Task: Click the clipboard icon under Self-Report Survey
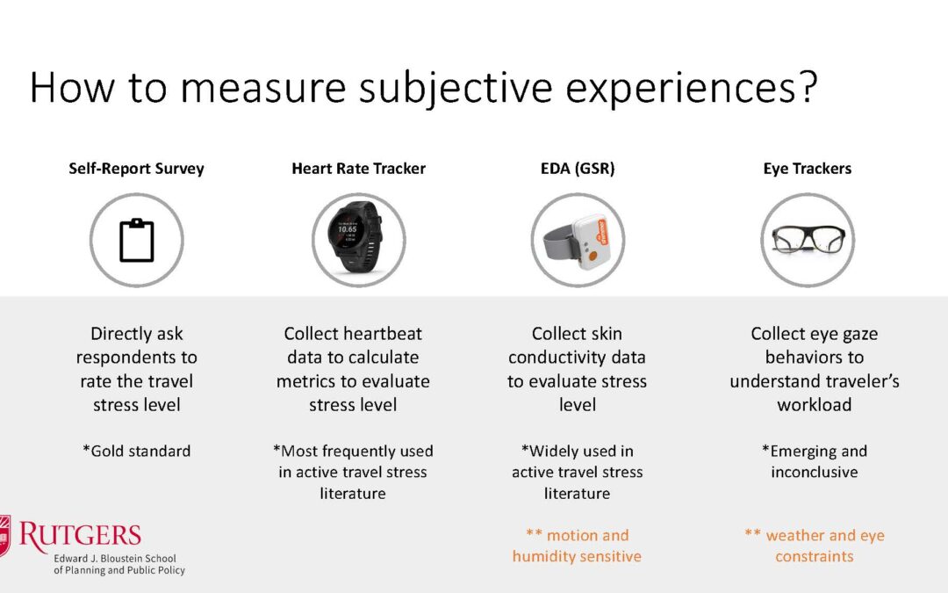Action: [137, 240]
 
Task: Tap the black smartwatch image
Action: [356, 237]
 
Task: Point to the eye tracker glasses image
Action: [808, 240]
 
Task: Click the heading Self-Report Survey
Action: [136, 168]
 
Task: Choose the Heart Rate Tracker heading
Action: [358, 168]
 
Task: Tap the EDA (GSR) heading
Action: [578, 168]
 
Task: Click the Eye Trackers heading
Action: [808, 168]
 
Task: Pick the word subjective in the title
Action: [456, 89]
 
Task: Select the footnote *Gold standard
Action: [137, 451]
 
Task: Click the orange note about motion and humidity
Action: [577, 546]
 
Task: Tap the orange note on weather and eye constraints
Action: [815, 546]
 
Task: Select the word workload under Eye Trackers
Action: [815, 404]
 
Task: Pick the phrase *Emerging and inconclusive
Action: [815, 461]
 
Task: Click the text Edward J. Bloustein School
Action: [115, 559]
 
